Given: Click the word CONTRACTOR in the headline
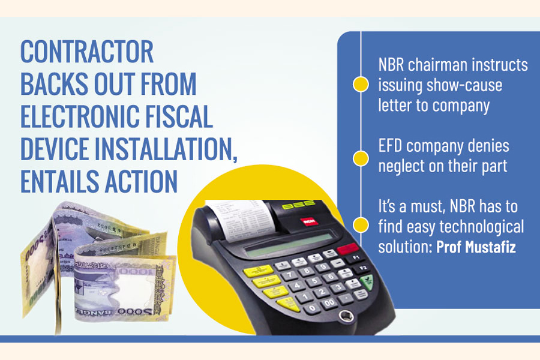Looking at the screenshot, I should coord(88,53).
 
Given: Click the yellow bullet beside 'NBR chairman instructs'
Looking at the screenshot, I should coord(361,85).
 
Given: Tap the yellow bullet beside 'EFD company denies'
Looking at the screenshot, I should coord(361,158).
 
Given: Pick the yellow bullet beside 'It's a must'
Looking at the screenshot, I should coord(361,225).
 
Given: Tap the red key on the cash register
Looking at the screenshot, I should coord(346,249).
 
